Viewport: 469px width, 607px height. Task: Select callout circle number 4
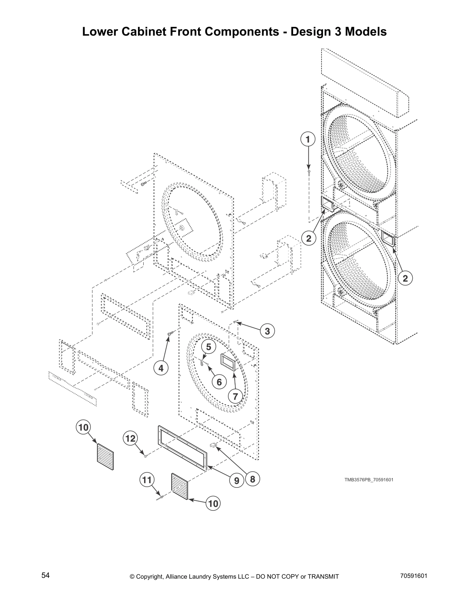(x=161, y=368)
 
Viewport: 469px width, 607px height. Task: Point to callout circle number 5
(x=209, y=347)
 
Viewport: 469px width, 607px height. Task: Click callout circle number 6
(x=219, y=382)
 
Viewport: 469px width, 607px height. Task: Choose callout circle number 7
(x=235, y=396)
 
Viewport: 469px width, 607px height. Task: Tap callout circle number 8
(x=253, y=479)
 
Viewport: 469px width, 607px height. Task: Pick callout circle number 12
(x=131, y=438)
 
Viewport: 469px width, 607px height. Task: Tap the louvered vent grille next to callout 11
(x=180, y=487)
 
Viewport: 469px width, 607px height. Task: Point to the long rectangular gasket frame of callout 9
(x=183, y=447)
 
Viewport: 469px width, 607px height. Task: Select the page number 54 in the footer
(x=46, y=576)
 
